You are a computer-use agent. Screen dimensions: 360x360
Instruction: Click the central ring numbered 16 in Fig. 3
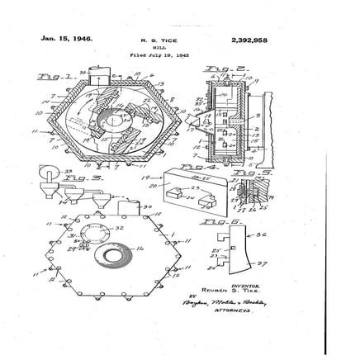[128, 255]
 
